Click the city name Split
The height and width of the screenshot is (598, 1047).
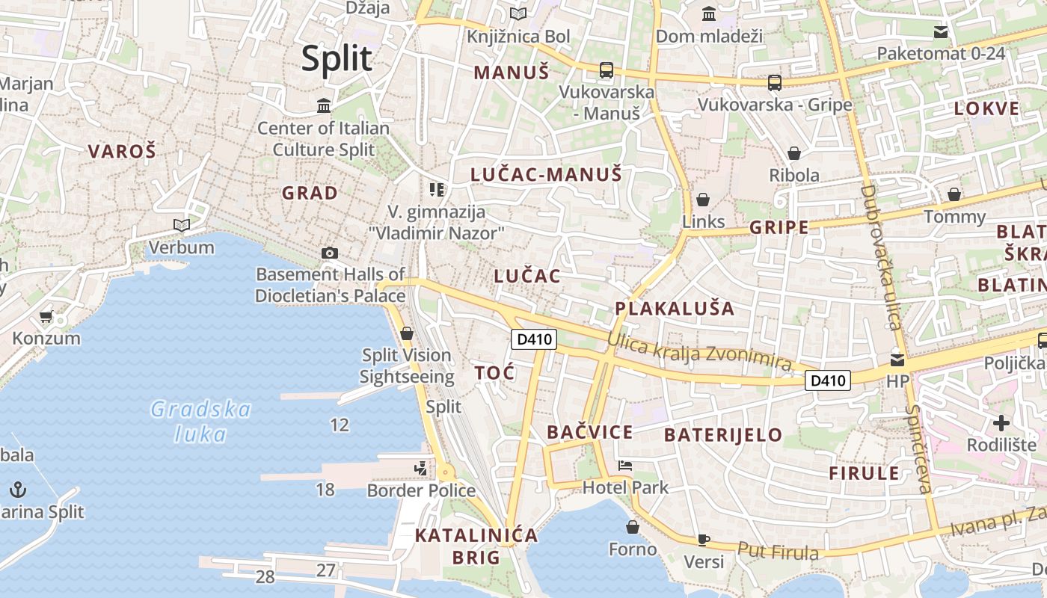pos(337,59)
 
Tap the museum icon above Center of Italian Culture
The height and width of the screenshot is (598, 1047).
pos(324,105)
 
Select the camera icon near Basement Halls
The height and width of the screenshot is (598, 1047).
pos(330,253)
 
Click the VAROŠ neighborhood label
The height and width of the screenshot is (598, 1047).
pos(122,152)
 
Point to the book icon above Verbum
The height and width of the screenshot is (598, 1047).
pos(181,225)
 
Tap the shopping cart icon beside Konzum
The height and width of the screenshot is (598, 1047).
pos(46,317)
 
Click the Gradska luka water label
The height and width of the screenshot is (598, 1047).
pos(200,421)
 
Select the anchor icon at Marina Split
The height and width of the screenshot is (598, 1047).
pos(18,490)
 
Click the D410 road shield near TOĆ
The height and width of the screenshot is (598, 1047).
pos(534,339)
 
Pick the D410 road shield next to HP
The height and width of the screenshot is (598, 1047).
pos(829,380)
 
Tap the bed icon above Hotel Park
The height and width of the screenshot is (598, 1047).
pos(625,466)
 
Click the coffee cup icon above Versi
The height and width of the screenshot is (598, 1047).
pos(703,539)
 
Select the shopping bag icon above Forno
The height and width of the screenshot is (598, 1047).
pos(633,528)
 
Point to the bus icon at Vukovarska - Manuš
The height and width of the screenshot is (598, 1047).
pos(607,70)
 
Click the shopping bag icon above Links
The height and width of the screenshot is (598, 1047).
pos(703,200)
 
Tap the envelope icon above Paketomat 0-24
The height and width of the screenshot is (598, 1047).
pos(941,31)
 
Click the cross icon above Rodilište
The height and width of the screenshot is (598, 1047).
pos(1001,424)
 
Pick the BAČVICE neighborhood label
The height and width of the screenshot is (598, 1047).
pos(589,432)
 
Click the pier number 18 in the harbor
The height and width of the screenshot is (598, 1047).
pos(325,490)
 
